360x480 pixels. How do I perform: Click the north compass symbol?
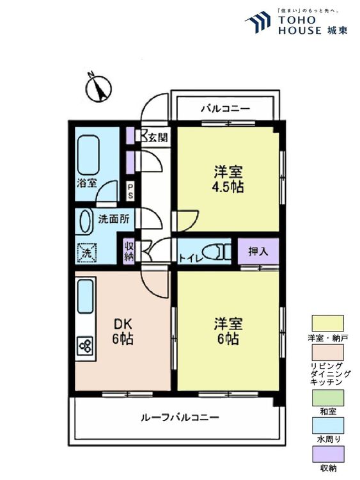click(x=98, y=88)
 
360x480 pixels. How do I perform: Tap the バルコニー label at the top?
click(x=226, y=109)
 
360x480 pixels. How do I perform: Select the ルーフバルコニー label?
click(x=180, y=417)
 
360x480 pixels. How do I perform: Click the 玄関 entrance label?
click(x=158, y=138)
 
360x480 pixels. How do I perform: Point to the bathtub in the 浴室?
click(x=88, y=155)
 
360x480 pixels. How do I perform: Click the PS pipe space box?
click(x=130, y=191)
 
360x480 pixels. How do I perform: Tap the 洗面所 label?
click(x=113, y=219)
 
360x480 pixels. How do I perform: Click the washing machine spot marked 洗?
click(x=87, y=253)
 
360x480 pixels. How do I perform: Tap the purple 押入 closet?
click(x=258, y=252)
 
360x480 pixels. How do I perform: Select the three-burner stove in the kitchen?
click(x=86, y=346)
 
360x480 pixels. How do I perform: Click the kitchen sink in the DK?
click(x=85, y=296)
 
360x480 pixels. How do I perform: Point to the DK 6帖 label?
click(x=122, y=332)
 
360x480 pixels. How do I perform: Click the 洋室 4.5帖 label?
click(x=228, y=179)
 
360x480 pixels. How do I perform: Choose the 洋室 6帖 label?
click(x=228, y=332)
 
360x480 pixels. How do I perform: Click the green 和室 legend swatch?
click(x=327, y=398)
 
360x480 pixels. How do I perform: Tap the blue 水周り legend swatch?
click(x=327, y=426)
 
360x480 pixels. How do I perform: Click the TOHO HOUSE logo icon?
click(x=258, y=22)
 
